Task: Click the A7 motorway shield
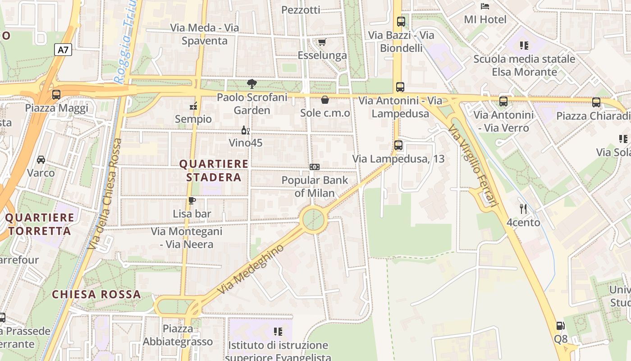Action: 63,50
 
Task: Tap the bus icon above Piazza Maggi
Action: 56,95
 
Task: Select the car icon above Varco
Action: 41,160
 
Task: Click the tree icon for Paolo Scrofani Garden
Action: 251,83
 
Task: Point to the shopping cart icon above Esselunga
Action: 322,42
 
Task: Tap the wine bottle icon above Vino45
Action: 245,130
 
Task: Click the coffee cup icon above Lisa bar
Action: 192,201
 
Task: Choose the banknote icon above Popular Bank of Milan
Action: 315,167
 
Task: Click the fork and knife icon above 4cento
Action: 523,209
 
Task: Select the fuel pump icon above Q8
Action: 560,325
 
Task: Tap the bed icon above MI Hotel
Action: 485,6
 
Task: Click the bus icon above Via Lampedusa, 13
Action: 398,145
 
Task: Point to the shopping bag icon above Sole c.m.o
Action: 325,100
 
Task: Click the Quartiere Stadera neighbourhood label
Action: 214,170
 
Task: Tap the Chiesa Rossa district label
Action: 96,295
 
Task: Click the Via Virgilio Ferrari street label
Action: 473,166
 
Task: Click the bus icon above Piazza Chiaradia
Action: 596,102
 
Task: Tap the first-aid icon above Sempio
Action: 193,106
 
